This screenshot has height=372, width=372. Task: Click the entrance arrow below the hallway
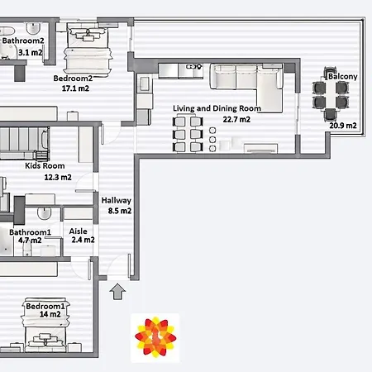117,292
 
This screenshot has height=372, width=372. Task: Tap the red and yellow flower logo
155,337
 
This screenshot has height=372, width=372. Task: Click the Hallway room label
117,201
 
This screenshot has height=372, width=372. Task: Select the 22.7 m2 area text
236,119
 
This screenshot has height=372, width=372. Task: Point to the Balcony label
343,76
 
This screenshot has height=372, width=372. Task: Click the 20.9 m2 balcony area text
343,126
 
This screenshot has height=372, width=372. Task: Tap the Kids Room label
45,166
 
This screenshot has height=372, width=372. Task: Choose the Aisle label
79,231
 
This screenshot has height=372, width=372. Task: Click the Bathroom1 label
30,232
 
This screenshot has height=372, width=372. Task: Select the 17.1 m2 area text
75,88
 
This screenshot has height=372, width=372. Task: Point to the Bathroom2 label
23,41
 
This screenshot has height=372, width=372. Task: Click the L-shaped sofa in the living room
246,84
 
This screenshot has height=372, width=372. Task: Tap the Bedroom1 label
45,306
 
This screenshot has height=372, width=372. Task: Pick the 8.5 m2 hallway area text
120,211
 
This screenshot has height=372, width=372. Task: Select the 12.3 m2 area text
58,177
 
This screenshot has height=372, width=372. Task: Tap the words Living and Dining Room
217,108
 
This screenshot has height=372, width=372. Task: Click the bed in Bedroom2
88,50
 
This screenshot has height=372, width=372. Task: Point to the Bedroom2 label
73,79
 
